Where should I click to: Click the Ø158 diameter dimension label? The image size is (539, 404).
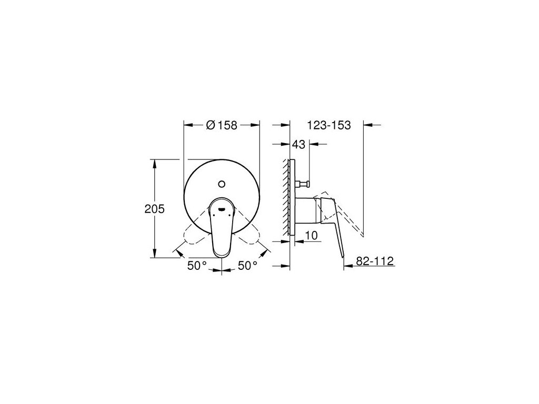point(222,125)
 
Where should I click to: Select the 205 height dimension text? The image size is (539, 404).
point(154,209)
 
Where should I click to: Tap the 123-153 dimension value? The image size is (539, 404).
point(329,125)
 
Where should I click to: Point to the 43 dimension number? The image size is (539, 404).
point(299,145)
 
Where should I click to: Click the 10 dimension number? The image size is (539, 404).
point(312,235)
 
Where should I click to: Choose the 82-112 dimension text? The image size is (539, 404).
point(375,261)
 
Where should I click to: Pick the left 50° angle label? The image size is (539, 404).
point(197,265)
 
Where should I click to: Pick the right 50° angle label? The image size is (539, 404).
point(247,265)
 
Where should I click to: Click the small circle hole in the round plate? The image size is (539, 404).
point(222,184)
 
